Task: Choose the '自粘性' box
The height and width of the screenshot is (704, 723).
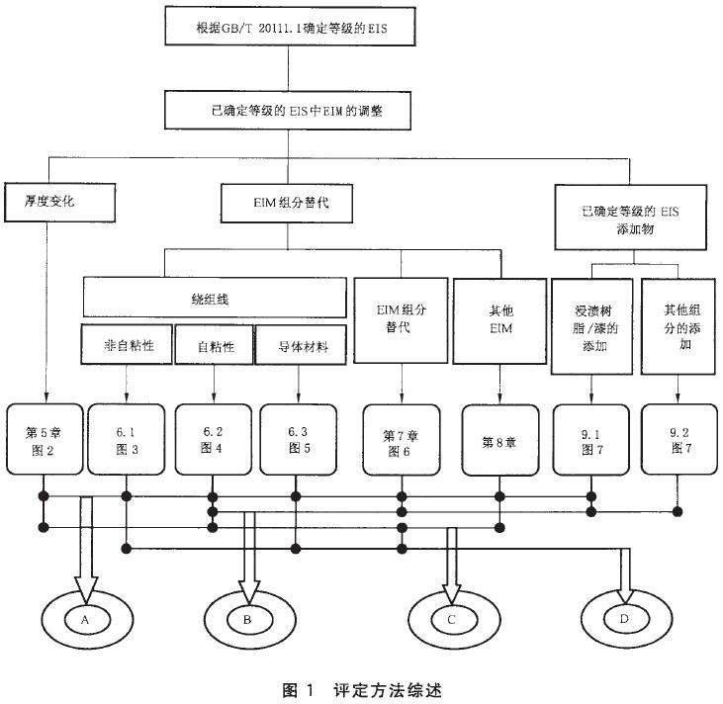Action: pyautogui.click(x=213, y=347)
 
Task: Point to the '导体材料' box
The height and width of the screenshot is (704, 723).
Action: pyautogui.click(x=297, y=347)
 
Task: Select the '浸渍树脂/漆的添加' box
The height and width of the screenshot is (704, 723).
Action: pyautogui.click(x=589, y=331)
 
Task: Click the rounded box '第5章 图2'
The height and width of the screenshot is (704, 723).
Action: pyautogui.click(x=44, y=437)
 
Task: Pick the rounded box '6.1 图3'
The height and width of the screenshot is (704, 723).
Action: pyautogui.click(x=126, y=437)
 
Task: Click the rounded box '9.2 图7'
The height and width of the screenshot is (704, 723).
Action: pyautogui.click(x=678, y=437)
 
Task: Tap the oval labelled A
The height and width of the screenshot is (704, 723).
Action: pyautogui.click(x=86, y=618)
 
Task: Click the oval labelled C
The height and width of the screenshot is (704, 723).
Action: pyautogui.click(x=451, y=620)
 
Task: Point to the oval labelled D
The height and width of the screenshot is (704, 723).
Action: pyautogui.click(x=623, y=620)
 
